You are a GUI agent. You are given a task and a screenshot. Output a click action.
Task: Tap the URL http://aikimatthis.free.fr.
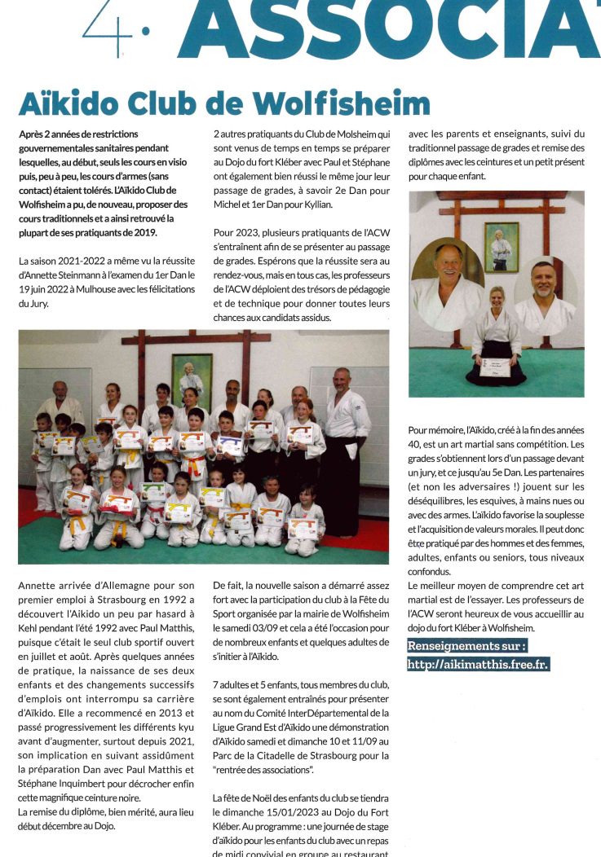pyautogui.click(x=479, y=664)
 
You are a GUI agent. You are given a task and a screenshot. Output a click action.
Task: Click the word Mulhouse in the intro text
pyautogui.click(x=95, y=290)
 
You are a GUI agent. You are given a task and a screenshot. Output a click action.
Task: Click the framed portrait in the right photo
pyautogui.click(x=501, y=246)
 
